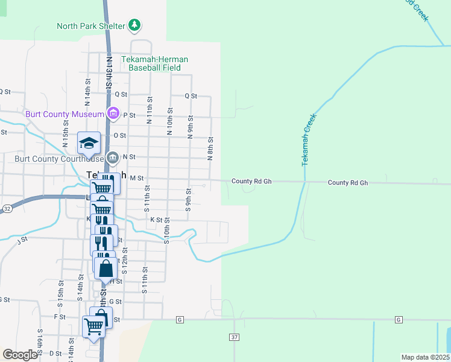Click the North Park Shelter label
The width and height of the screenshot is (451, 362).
click(x=90, y=26)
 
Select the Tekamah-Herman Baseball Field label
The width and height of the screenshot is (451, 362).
click(x=155, y=63)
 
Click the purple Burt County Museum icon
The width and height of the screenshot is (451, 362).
click(x=113, y=113)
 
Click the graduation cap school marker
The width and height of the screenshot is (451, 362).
click(x=89, y=144)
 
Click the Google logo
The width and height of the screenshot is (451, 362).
click(x=19, y=355)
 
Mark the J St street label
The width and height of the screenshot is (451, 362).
click(x=24, y=240)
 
